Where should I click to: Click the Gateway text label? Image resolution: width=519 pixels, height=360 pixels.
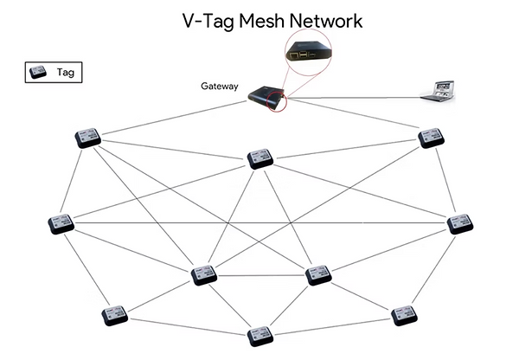[x=221, y=86]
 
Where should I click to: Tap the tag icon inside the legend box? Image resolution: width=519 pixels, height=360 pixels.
[x=39, y=73]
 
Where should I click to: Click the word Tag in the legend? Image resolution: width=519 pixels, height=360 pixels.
[x=65, y=73]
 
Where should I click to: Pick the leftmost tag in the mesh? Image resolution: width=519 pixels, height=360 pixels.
[x=61, y=222]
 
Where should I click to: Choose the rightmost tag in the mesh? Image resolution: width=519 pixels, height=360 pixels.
[x=460, y=222]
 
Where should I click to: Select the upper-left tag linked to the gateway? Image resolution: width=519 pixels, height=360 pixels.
[x=87, y=138]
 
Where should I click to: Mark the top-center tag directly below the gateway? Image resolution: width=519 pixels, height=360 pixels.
[x=259, y=158]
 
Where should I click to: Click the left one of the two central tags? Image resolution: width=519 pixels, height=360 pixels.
[x=204, y=275]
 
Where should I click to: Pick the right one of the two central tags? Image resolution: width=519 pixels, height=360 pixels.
[x=318, y=275]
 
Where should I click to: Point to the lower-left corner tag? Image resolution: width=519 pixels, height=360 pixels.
[x=114, y=314]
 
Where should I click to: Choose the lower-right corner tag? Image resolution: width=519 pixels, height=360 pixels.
[x=404, y=314]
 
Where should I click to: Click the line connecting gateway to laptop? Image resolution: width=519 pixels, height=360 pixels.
[x=355, y=97]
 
